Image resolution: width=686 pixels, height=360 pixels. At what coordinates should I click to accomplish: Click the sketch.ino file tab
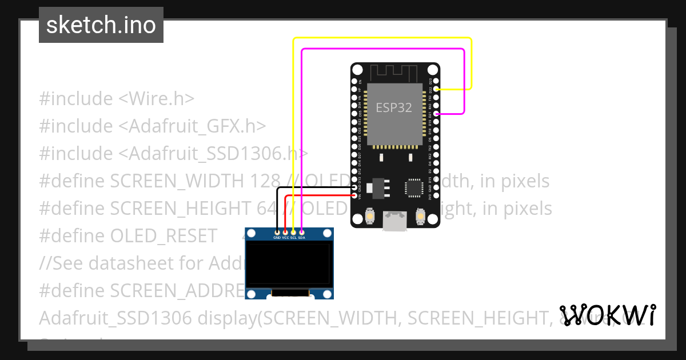[x=101, y=25]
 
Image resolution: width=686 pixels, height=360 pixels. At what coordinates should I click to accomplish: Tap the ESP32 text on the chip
[x=393, y=107]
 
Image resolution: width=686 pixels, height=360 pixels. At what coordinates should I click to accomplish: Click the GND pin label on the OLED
[x=277, y=237]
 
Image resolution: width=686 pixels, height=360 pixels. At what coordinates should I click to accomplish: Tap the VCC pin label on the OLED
[x=285, y=237]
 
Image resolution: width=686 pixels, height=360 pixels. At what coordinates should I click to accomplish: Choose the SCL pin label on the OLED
[x=293, y=237]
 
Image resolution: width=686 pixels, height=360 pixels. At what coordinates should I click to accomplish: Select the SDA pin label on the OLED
[x=302, y=237]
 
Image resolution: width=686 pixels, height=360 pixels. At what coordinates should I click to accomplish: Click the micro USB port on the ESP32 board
[x=395, y=221]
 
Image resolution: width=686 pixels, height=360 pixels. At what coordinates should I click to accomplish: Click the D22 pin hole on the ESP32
[x=436, y=90]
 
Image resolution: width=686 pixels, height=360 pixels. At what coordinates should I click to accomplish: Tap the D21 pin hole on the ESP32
[x=436, y=114]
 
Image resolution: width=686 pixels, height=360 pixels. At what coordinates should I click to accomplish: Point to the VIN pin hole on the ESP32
[x=355, y=196]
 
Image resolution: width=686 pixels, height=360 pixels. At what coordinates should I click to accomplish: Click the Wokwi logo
[x=608, y=315]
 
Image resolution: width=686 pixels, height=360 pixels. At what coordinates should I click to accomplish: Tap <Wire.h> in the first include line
[x=157, y=99]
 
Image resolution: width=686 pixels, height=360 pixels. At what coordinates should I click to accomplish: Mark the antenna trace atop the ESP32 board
[x=395, y=73]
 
